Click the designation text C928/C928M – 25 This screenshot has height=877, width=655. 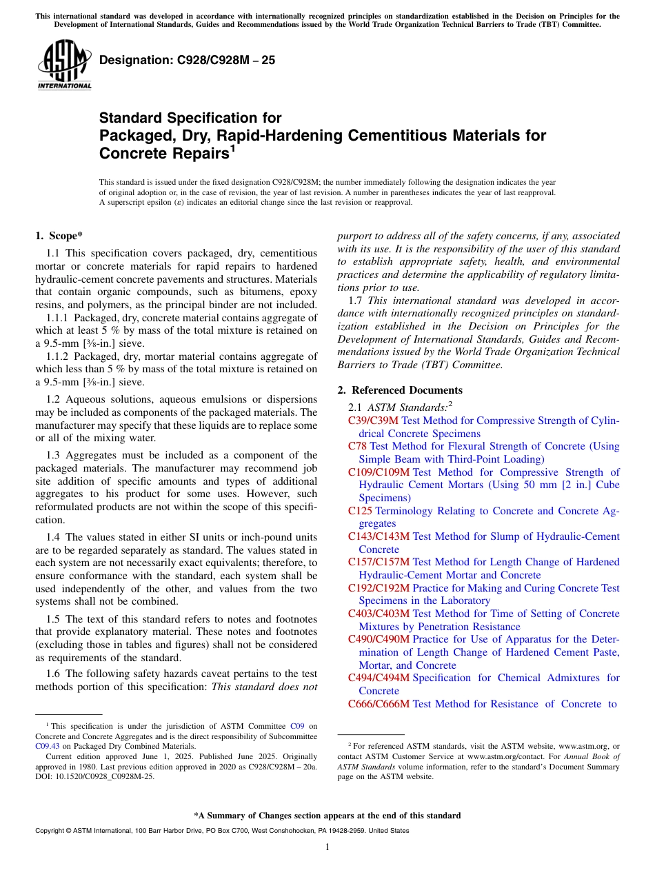pos(187,60)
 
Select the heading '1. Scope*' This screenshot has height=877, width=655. pos(59,236)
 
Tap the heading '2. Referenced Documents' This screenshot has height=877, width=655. pos(400,390)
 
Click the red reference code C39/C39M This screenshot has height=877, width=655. pos(373,421)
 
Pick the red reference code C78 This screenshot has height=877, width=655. pos(357,446)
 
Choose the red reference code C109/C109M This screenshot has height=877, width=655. pos(379,472)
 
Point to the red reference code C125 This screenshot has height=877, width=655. pos(360,511)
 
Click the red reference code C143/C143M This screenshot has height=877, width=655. pos(379,536)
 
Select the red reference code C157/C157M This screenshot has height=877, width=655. pos(379,562)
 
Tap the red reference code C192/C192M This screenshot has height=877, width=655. pos(379,588)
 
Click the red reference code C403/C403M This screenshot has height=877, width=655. pos(379,614)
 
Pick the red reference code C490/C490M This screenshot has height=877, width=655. pos(379,639)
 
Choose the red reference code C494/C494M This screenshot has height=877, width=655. pos(379,678)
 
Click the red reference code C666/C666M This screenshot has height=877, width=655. pos(379,704)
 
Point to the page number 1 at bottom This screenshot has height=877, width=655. pos(327,847)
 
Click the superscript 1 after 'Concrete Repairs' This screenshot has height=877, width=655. pos(233,148)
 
